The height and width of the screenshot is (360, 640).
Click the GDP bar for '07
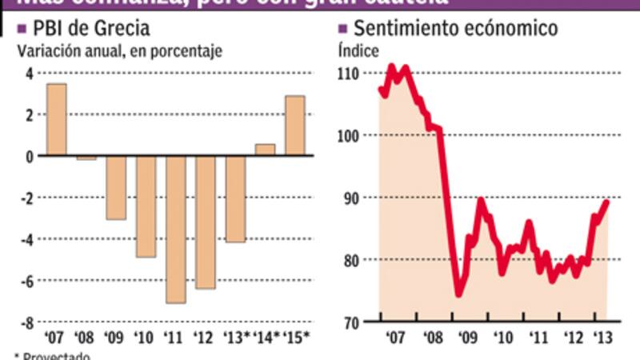tap(57, 119)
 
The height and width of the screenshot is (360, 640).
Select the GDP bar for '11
tap(176, 229)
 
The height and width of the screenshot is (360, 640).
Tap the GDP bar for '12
tap(206, 222)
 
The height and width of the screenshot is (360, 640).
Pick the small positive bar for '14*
tap(265, 150)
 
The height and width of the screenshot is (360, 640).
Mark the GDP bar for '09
tap(117, 187)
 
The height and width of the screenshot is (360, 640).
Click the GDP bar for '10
tap(146, 206)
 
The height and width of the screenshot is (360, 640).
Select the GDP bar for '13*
tap(235, 198)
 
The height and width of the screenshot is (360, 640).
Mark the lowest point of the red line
tap(458, 294)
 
